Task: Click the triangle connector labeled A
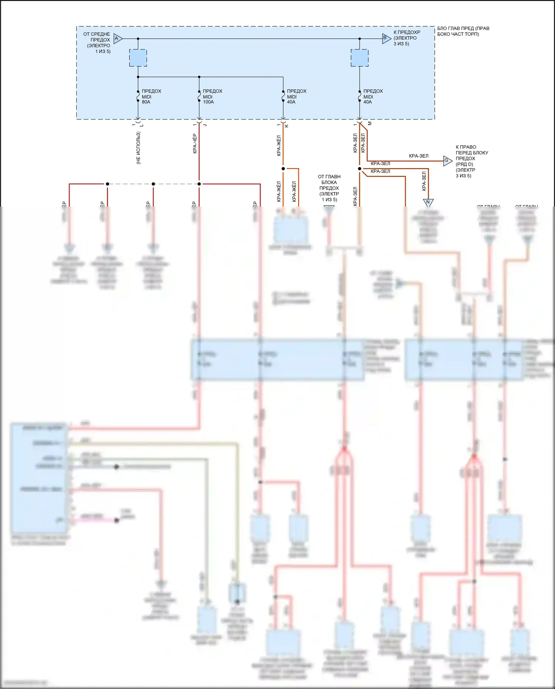click(117, 39)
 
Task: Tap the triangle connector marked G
click(447, 161)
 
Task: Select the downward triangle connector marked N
click(428, 202)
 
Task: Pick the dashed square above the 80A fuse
click(138, 58)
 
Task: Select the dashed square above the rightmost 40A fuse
click(359, 58)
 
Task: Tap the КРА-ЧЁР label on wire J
click(195, 144)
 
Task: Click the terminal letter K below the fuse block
click(287, 126)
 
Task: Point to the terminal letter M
click(370, 124)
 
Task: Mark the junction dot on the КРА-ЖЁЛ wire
click(283, 169)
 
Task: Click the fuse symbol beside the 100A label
click(199, 96)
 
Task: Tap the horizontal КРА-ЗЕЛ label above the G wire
click(418, 156)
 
